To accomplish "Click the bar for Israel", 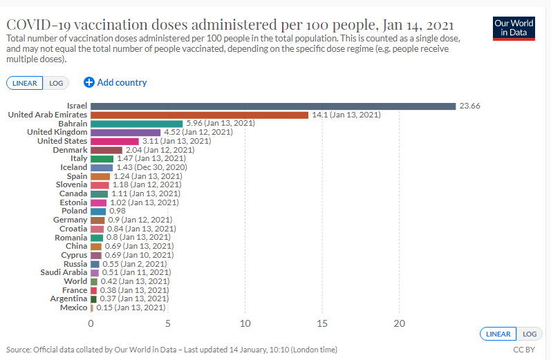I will pos(273,106).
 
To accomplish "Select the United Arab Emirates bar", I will pos(199,115).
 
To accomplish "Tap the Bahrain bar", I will pos(136,124).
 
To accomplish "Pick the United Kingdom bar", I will pos(125,132).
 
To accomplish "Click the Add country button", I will pos(115,82).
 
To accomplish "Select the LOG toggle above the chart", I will pos(56,83).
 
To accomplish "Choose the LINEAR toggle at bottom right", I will pos(498,334).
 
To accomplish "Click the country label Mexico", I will pos(73,307).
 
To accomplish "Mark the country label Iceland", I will pos(74,167).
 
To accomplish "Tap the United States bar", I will pos(114,141).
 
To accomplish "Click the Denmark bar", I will pos(106,150).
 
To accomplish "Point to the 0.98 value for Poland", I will pos(117,211).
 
